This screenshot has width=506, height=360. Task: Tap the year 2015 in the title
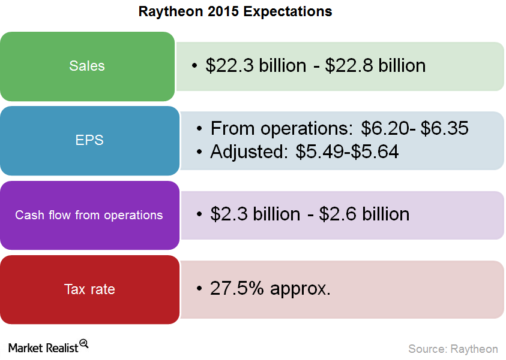[x=223, y=11]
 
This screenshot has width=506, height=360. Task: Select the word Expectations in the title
[x=288, y=12]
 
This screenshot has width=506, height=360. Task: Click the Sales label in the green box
[x=87, y=66]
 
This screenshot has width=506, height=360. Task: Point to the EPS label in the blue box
[x=89, y=140]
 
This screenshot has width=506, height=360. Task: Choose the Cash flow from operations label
[x=89, y=215]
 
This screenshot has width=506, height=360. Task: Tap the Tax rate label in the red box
[x=89, y=289]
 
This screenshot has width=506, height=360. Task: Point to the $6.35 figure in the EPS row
[x=444, y=128]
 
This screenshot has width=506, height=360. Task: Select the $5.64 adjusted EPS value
[x=375, y=152]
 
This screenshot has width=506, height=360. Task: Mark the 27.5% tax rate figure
[x=237, y=288]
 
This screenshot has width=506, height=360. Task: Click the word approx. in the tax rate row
[x=301, y=289]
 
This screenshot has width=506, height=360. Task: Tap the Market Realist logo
[x=48, y=347]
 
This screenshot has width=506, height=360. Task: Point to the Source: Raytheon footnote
[x=453, y=349]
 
